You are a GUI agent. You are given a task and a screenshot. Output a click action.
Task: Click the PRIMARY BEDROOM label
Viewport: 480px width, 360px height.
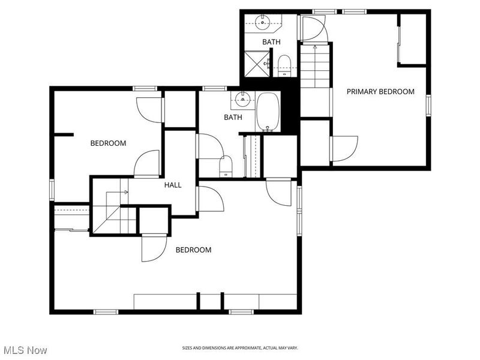(380, 92)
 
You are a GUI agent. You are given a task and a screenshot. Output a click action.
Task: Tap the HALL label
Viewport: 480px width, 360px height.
(173, 185)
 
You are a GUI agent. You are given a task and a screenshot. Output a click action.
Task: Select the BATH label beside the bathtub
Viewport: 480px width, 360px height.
(233, 118)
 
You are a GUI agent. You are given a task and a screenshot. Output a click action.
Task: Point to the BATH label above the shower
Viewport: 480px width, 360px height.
(271, 42)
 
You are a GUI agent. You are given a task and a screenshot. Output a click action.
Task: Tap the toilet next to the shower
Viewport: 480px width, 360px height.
(284, 64)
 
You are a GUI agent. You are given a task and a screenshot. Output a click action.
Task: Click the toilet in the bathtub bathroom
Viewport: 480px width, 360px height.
(226, 165)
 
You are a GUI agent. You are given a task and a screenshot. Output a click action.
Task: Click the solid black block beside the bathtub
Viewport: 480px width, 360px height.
(289, 108)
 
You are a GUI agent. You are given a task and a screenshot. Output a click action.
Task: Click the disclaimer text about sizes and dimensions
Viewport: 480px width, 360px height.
(240, 348)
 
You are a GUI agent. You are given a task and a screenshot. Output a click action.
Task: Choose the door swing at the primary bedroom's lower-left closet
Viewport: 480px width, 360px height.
(344, 148)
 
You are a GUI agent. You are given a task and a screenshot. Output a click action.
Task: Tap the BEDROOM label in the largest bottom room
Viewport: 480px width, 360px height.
(193, 250)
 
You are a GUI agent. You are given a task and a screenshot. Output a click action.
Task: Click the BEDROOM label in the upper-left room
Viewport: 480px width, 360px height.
(108, 143)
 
